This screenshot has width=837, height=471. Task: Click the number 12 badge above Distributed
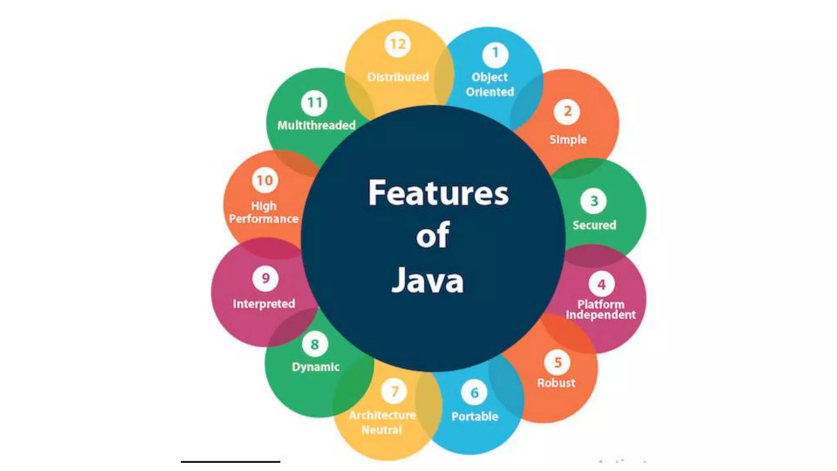(x=398, y=44)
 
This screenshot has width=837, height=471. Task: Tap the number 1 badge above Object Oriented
(x=495, y=54)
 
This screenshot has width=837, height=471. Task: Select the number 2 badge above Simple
(x=567, y=111)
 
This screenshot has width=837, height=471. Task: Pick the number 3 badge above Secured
(x=594, y=201)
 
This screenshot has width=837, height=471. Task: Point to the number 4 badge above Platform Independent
(x=601, y=285)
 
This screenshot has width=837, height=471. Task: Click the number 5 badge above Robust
(x=557, y=363)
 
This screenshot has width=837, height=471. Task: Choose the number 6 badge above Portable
(x=474, y=393)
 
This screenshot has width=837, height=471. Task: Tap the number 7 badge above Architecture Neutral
(x=394, y=392)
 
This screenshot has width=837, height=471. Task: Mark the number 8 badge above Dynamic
(x=314, y=345)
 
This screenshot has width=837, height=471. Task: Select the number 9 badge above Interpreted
(x=266, y=278)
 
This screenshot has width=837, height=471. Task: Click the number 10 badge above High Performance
(x=265, y=180)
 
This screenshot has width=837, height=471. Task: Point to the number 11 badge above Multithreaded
(x=314, y=103)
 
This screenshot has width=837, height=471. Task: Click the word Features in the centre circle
(x=438, y=193)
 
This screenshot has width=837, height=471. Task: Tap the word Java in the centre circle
(x=427, y=280)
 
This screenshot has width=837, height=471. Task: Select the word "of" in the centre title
(x=432, y=235)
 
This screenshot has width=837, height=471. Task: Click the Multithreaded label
(x=316, y=125)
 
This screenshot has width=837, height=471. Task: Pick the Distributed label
(x=398, y=77)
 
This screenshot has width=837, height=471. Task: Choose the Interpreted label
(x=264, y=304)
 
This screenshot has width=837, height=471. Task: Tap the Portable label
(x=475, y=417)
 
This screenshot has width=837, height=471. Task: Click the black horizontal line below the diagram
(x=231, y=462)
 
